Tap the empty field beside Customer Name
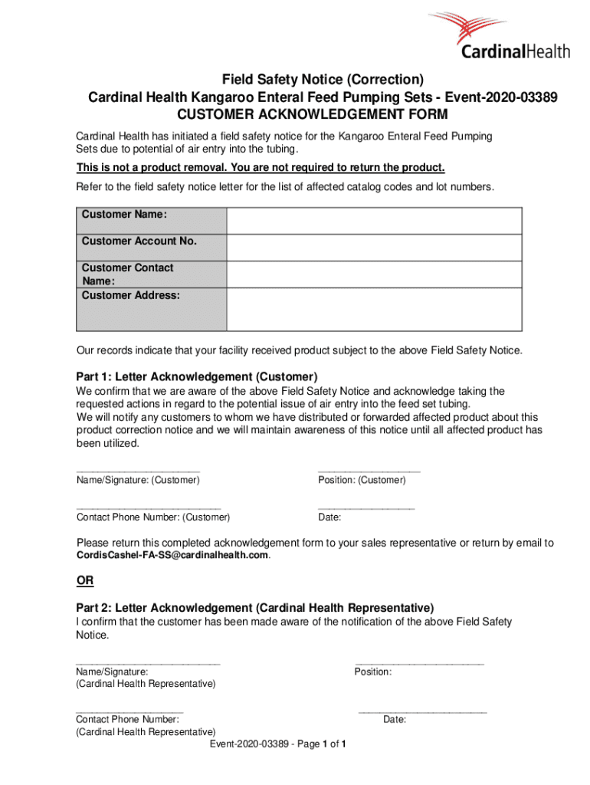pos(374,220)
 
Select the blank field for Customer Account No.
pos(374,247)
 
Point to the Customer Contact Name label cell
pos(151,274)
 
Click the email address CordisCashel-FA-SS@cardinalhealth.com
pos(172,555)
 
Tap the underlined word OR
pos(84,581)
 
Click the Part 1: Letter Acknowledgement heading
pos(196,377)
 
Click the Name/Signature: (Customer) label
pos(138,480)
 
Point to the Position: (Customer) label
pos(362,480)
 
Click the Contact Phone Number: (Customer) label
pos(153,517)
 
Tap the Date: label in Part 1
pos(329,517)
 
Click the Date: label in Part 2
pos(395,719)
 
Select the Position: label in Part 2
pos(373,672)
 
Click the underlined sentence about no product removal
pos(261,169)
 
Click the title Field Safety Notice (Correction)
pos(323,80)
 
